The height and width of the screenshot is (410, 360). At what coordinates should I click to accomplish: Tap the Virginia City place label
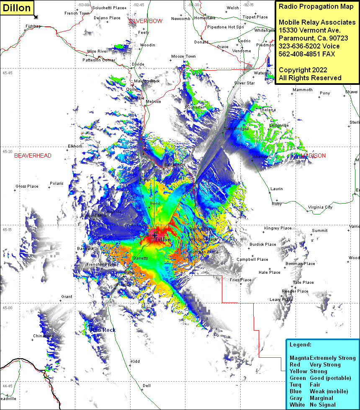tap(320, 207)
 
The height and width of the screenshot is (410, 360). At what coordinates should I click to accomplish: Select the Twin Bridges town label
tap(236, 129)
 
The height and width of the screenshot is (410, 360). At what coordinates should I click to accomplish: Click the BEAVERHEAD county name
tap(33, 155)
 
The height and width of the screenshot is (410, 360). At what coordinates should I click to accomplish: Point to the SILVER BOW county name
tap(145, 21)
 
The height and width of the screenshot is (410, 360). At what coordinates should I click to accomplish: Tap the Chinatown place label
tap(44, 336)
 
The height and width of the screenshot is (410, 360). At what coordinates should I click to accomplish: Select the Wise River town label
tap(97, 51)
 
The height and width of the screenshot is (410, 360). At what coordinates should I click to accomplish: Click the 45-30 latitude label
tap(8, 152)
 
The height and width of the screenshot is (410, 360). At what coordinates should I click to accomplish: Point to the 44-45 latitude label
tap(8, 386)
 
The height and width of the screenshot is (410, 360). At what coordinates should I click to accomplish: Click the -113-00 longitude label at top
tap(83, 5)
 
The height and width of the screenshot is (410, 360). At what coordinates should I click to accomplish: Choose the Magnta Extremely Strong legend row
tap(322, 358)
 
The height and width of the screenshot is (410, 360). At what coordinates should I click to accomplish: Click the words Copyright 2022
tap(303, 70)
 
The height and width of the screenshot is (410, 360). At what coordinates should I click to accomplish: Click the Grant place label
tap(67, 297)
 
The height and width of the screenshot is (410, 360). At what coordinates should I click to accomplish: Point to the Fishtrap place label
tap(33, 26)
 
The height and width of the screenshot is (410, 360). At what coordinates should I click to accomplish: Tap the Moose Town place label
tap(183, 56)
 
